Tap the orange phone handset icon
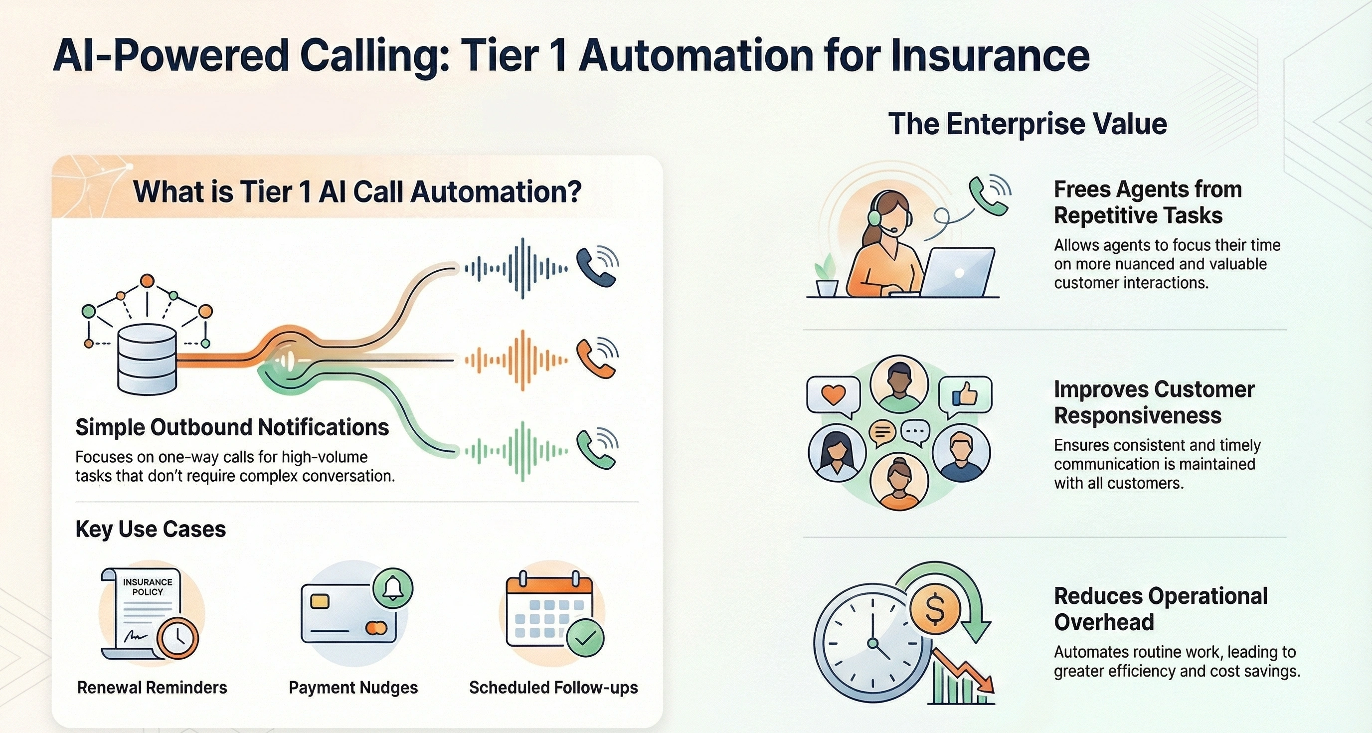pos(595,359)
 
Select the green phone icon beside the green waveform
pos(595,450)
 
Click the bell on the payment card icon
pos(393,588)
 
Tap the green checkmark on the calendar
pos(585,637)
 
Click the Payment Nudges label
pos(353,687)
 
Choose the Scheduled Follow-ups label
pos(553,687)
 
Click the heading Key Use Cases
pos(151,529)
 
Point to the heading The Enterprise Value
pos(1028,124)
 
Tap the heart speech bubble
pos(834,395)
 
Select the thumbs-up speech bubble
pos(965,395)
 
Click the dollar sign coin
pos(935,608)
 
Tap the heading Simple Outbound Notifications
pos(232,427)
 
